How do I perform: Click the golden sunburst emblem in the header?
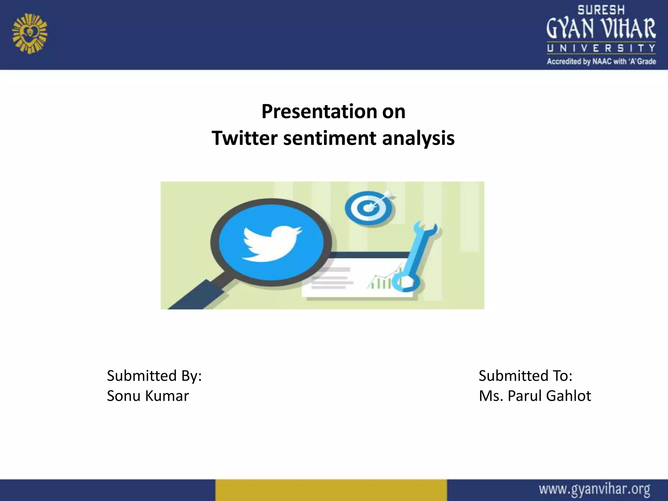(30, 33)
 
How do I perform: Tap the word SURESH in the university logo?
(601, 10)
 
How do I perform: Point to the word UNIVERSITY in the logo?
(601, 49)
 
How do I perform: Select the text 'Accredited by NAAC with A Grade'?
(601, 61)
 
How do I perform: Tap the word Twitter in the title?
(244, 138)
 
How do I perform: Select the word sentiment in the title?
(329, 138)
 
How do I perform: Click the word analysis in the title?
(418, 138)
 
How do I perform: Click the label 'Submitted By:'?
(154, 376)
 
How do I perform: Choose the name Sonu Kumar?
(148, 396)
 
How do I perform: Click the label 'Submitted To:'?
(525, 376)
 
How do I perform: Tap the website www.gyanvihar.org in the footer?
(594, 489)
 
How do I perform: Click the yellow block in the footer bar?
(331, 490)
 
